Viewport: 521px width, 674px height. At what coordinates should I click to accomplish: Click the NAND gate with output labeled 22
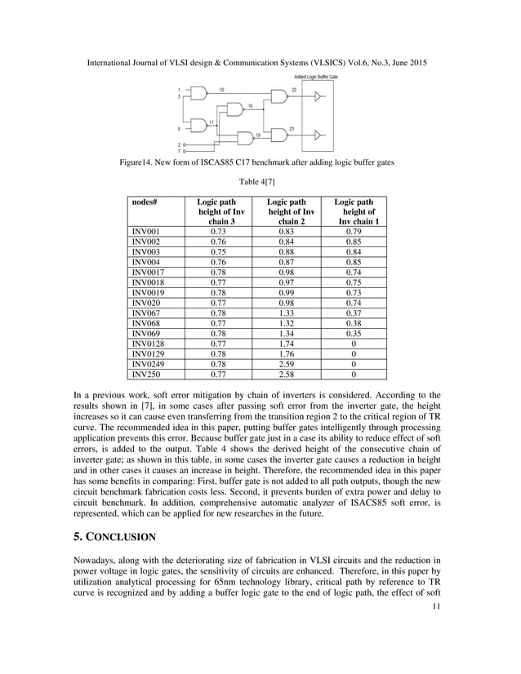click(278, 97)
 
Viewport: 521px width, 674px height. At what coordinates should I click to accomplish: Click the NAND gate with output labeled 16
click(234, 110)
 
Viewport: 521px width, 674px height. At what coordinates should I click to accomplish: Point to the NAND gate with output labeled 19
click(243, 137)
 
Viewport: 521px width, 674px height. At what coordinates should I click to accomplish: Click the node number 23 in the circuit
click(292, 129)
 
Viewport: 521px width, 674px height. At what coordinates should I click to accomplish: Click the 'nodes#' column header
click(144, 202)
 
